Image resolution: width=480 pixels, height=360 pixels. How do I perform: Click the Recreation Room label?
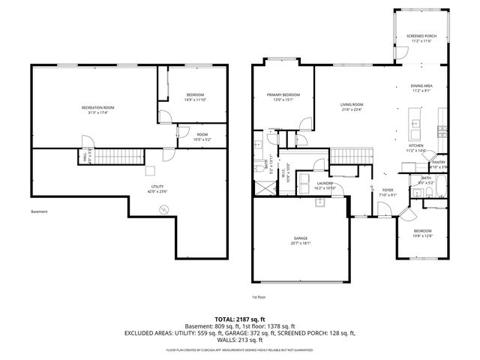97,110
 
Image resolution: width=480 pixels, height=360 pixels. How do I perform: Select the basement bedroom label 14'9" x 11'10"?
194,97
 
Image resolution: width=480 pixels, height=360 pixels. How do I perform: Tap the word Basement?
40,211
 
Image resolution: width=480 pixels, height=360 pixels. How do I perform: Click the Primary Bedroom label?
283,97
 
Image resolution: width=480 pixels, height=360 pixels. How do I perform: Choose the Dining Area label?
421,88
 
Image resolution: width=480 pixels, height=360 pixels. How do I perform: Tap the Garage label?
299,240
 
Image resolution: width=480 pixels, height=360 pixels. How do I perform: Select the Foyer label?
388,192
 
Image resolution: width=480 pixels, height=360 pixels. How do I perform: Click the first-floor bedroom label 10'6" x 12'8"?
422,232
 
